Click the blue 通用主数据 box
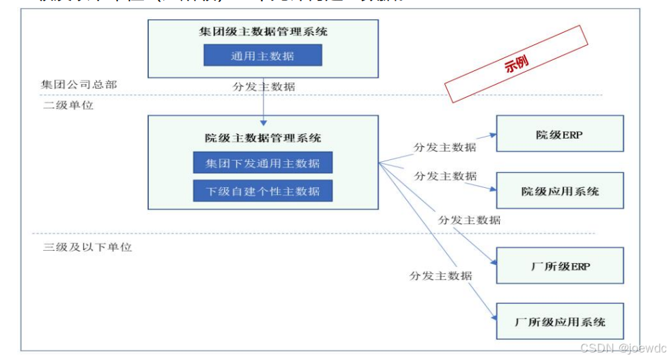click(x=262, y=55)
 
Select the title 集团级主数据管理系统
click(x=263, y=31)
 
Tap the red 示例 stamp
click(x=516, y=64)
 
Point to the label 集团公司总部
click(x=79, y=85)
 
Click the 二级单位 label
click(x=68, y=106)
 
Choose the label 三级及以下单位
click(x=87, y=247)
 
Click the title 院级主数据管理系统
click(x=263, y=137)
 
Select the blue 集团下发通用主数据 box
click(x=263, y=164)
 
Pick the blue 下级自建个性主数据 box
click(x=263, y=191)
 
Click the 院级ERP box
click(x=559, y=134)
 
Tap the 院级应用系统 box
click(x=559, y=191)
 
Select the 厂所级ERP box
click(x=559, y=265)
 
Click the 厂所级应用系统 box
click(x=559, y=321)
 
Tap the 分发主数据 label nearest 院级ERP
click(x=445, y=147)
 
